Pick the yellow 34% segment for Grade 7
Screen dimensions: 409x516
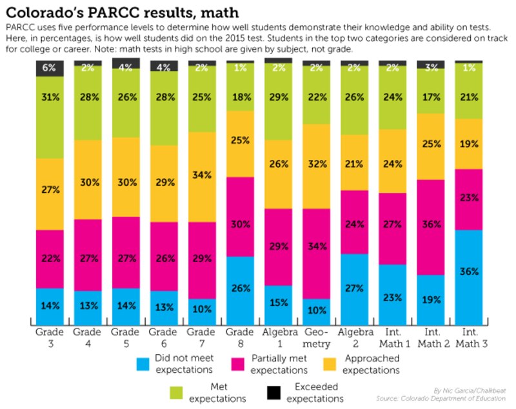pyautogui.click(x=201, y=177)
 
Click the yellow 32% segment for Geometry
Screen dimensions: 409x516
pyautogui.click(x=316, y=166)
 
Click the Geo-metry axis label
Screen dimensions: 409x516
pyautogui.click(x=316, y=337)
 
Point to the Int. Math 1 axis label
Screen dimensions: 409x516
pyautogui.click(x=392, y=337)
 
